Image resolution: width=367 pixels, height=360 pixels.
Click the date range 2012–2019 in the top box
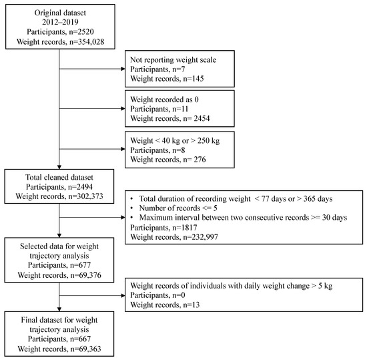pos(59,21)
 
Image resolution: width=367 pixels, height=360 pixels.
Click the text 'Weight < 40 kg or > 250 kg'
pos(181,136)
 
